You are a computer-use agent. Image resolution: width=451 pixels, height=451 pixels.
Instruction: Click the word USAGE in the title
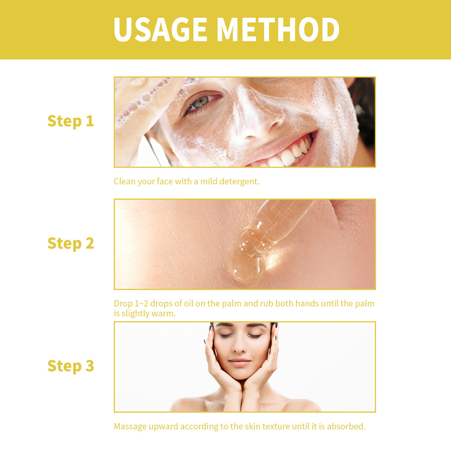[160, 30]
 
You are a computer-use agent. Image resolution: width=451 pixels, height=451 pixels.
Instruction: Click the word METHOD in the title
[278, 30]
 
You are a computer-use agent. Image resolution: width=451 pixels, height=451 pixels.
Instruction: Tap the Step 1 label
[71, 121]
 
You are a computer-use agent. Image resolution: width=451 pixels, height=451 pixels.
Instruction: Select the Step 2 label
[71, 243]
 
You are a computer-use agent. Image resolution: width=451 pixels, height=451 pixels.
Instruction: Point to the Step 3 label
[71, 366]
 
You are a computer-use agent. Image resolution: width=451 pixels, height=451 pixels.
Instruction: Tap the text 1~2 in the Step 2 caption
[141, 304]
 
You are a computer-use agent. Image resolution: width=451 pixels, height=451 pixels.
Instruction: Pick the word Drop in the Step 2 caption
[123, 304]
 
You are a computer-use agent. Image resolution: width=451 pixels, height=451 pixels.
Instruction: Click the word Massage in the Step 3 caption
[130, 426]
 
